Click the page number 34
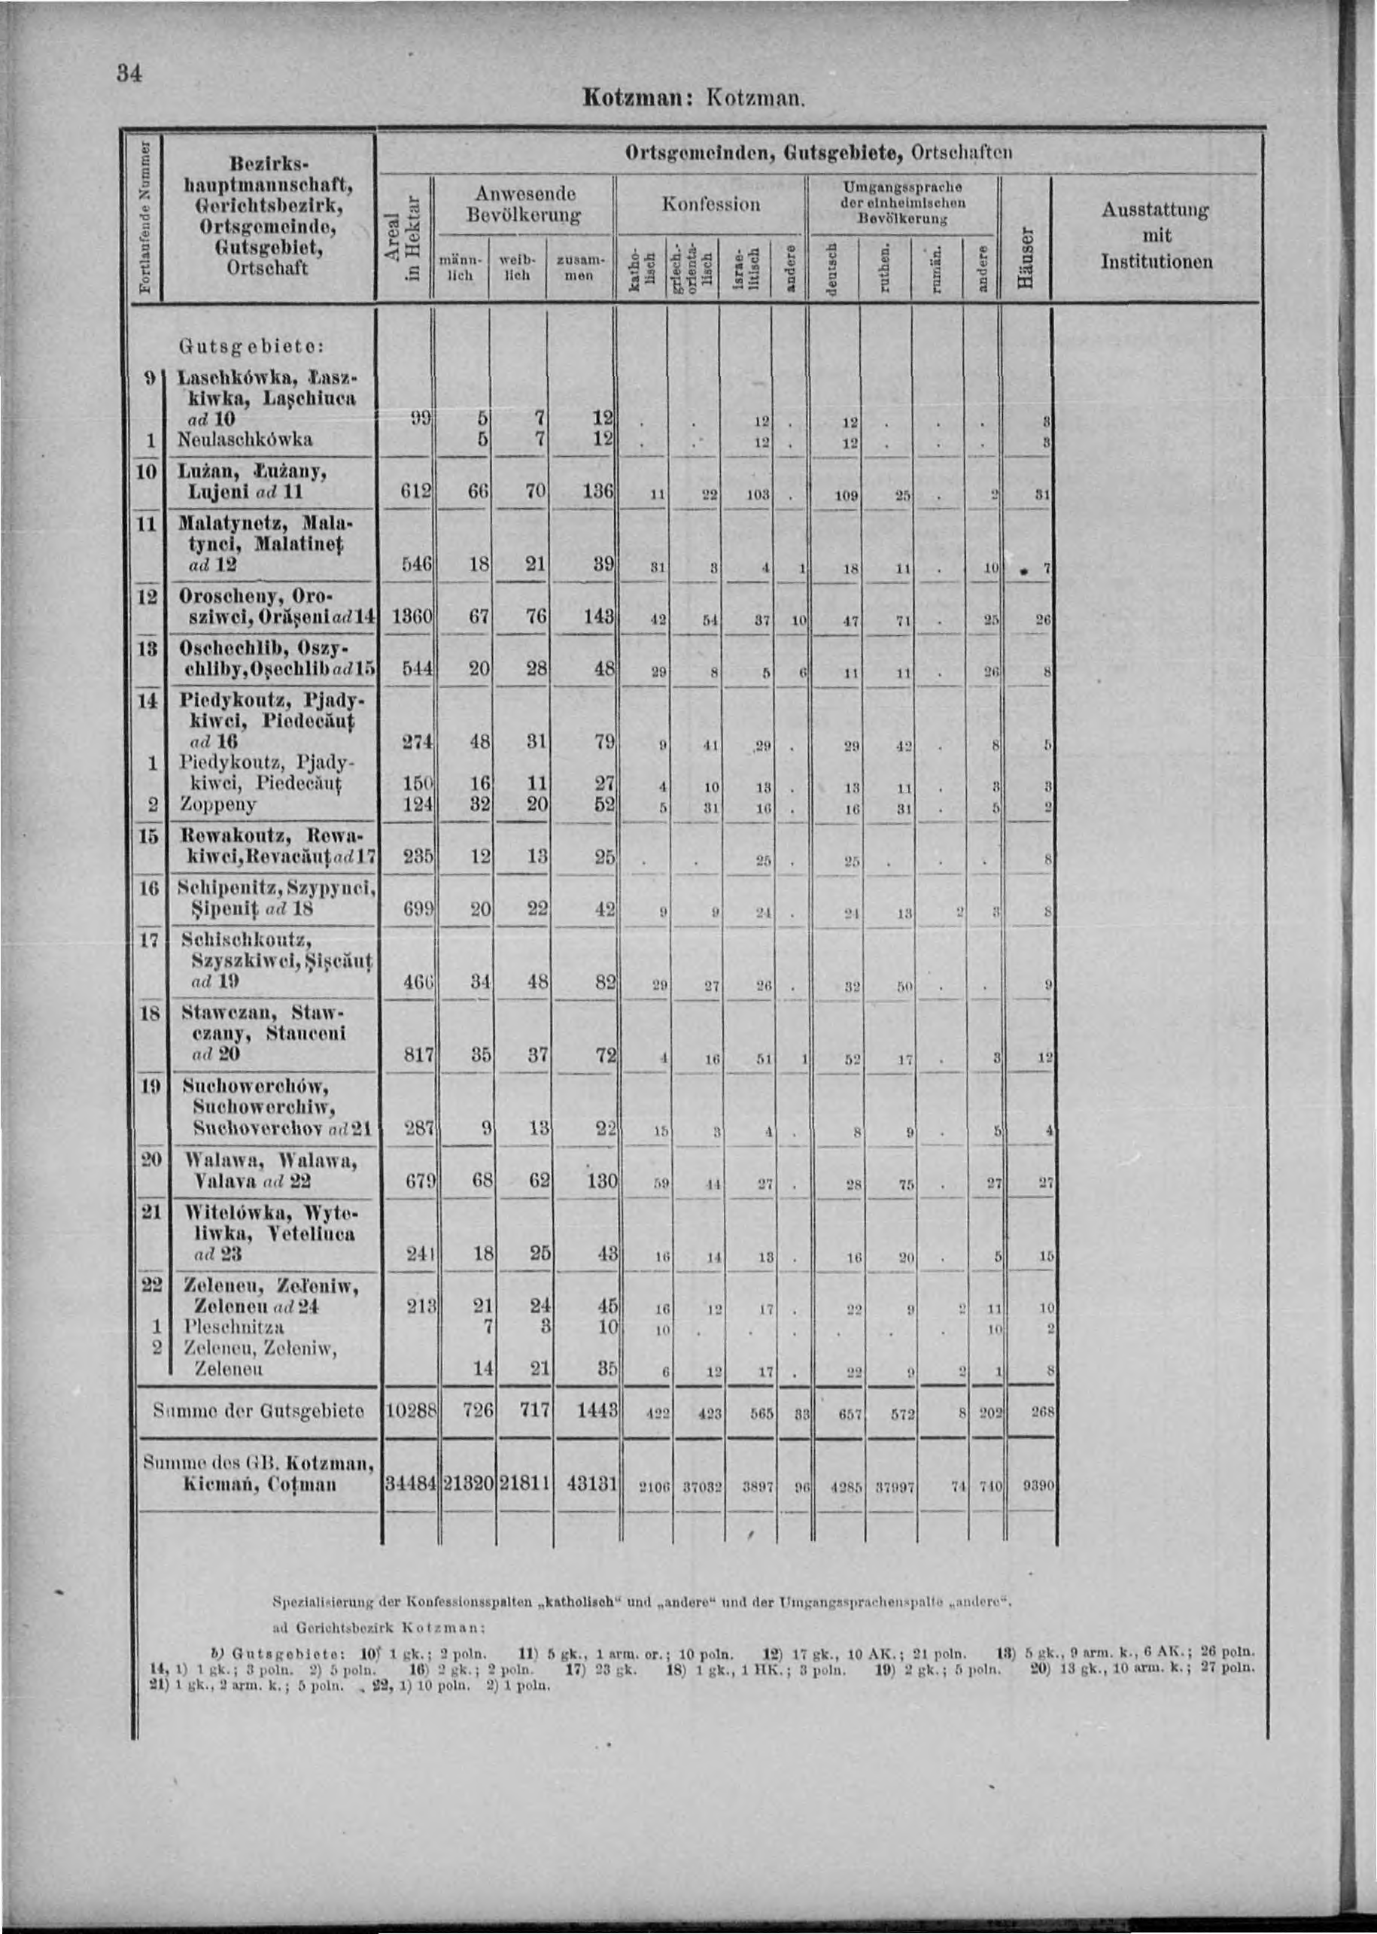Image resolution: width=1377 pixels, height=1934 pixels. coord(129,74)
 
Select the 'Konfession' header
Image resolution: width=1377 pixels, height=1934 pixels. coord(711,205)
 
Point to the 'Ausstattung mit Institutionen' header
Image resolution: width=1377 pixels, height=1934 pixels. coord(1157,236)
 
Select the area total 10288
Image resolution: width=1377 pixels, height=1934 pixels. coord(412,1410)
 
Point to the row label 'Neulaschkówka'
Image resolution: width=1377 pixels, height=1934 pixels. coord(247,439)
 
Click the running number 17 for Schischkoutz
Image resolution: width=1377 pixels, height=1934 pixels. coord(147,941)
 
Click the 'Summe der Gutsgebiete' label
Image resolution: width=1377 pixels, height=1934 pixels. coord(259,1410)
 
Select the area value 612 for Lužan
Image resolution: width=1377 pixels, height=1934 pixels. coord(417,491)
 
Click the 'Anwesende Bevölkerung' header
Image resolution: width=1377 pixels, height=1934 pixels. coord(523,205)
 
